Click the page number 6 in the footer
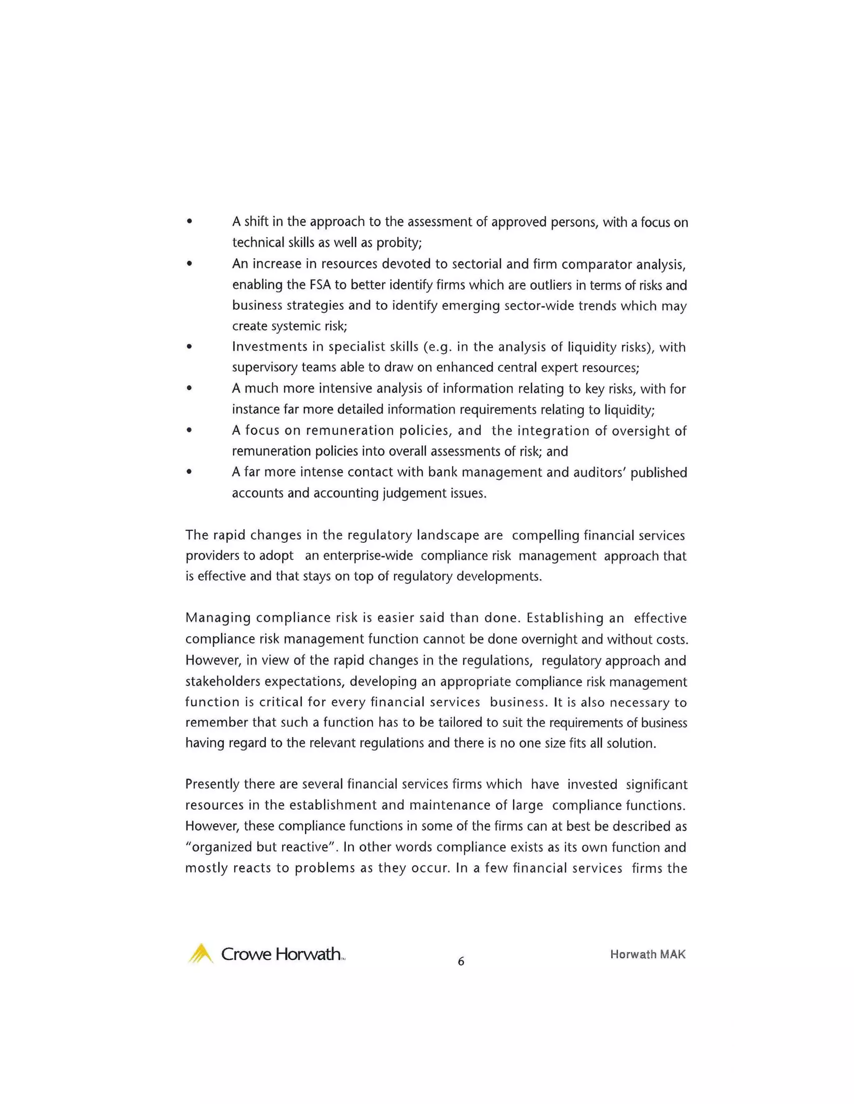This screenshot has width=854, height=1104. click(x=460, y=961)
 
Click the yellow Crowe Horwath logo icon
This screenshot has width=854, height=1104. click(x=200, y=953)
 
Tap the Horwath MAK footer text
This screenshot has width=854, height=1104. click(x=648, y=954)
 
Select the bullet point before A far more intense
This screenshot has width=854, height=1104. click(x=189, y=472)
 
